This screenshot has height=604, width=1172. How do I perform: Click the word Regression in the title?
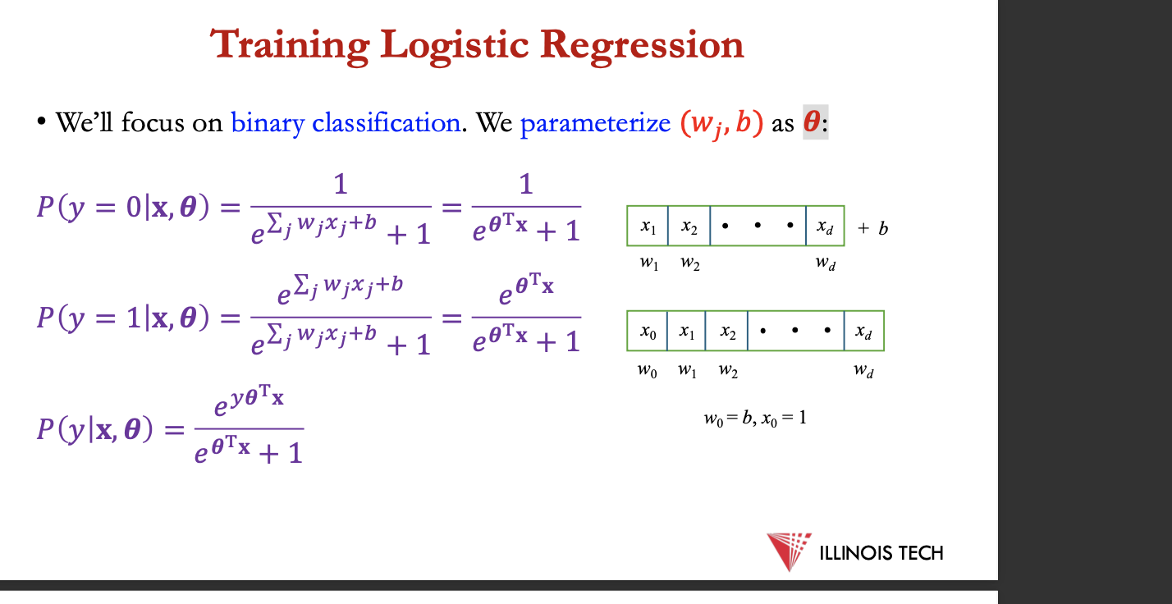pos(642,46)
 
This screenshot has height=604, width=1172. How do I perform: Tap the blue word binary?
pos(268,123)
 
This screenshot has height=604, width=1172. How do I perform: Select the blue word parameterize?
pos(595,123)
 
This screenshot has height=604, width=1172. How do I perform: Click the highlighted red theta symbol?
pos(812,121)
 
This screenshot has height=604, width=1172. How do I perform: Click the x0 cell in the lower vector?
pos(648,331)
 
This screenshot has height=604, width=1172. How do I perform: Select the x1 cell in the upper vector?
pos(648,226)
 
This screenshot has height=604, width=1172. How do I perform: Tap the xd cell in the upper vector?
pos(825,226)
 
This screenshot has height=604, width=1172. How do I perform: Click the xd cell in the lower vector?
pos(864,331)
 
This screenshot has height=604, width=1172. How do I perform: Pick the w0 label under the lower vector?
pos(648,371)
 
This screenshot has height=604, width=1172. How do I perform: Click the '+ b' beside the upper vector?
pos(873,228)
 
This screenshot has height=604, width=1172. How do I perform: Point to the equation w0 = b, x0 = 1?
pos(755,419)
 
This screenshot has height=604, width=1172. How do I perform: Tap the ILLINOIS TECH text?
pos(881,553)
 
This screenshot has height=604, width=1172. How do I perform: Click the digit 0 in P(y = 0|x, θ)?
pos(134,207)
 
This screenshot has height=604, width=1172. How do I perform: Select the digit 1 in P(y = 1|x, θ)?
pos(134,318)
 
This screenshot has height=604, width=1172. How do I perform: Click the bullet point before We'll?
pos(41,121)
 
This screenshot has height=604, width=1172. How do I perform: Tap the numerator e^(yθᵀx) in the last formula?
pos(249,400)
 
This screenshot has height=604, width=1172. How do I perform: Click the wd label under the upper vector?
pos(826,263)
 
